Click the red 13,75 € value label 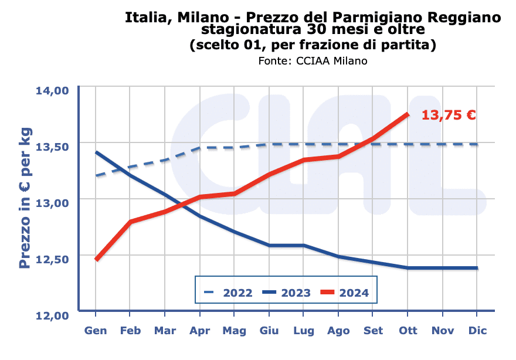[x=449, y=115]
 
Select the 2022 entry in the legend [x=228, y=292]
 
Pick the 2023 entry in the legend [x=286, y=292]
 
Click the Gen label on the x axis [x=96, y=331]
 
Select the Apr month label [x=200, y=331]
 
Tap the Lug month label [x=304, y=331]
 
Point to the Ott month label [x=408, y=331]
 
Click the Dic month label [x=477, y=331]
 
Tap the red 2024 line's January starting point [x=96, y=259]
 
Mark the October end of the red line [x=408, y=114]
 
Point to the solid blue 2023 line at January [x=96, y=152]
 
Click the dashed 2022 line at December [x=477, y=144]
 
